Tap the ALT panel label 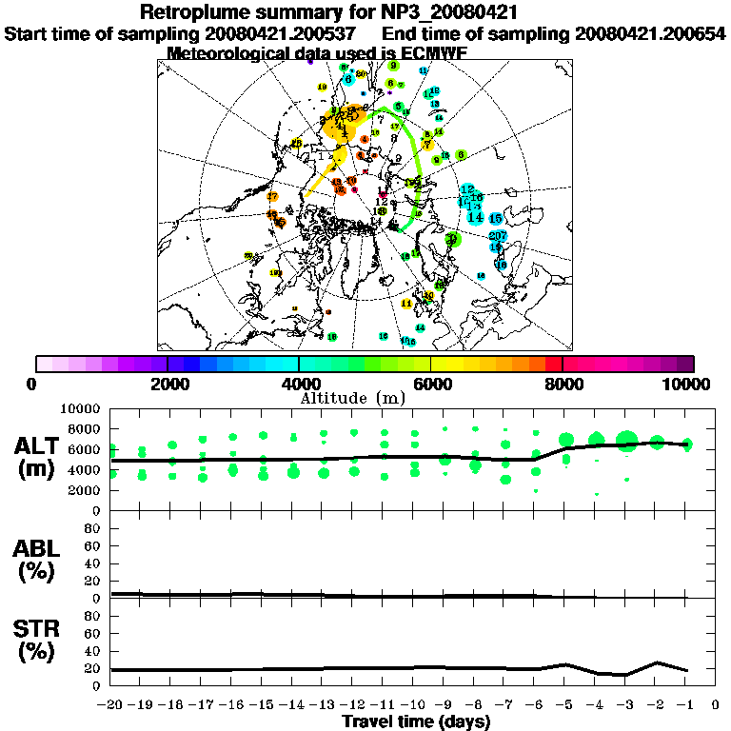(x=38, y=445)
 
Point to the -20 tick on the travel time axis (x=110, y=705)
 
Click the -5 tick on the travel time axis (x=564, y=705)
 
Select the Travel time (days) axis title (x=415, y=721)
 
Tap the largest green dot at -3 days (x=625, y=441)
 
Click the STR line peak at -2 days (x=657, y=662)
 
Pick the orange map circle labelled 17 (x=272, y=197)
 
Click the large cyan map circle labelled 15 (x=495, y=219)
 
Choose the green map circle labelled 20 (x=452, y=238)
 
